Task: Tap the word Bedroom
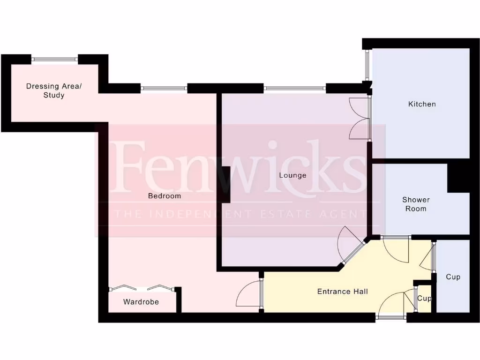tap(165, 196)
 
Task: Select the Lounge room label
tap(292, 175)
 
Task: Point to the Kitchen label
tap(422, 104)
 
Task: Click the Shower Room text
tap(416, 204)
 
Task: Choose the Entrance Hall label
tap(343, 292)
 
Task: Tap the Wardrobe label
tap(141, 302)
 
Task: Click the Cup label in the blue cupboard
tap(453, 277)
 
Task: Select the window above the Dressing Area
tap(55, 59)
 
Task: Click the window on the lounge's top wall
tap(294, 88)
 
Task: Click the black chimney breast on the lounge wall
tap(225, 185)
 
